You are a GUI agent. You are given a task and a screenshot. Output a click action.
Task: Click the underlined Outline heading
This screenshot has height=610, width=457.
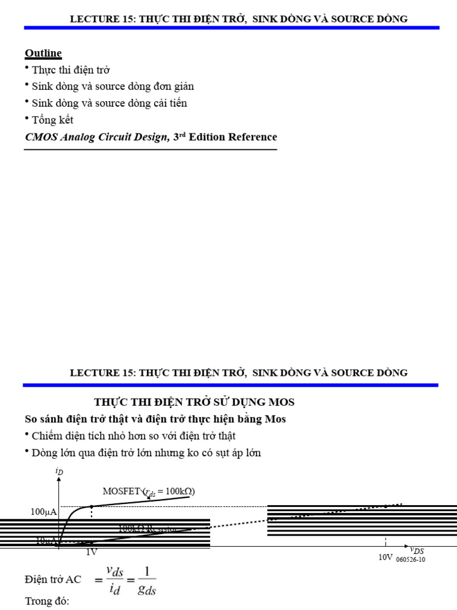tap(43, 53)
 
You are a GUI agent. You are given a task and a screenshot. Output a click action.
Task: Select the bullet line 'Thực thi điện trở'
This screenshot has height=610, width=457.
tap(70, 70)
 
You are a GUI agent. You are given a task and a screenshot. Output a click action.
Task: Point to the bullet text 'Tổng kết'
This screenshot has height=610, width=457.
tap(52, 120)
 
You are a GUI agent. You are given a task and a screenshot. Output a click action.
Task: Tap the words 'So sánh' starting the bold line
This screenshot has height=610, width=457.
tap(43, 419)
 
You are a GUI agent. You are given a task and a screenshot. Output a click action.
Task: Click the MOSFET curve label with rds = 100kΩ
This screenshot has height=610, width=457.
tap(149, 491)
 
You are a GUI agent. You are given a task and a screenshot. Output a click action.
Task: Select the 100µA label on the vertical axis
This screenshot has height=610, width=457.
tap(43, 512)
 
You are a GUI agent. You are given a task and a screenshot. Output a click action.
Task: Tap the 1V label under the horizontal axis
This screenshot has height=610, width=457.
tap(91, 552)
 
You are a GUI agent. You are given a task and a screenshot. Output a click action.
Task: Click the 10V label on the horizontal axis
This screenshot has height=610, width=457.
tap(386, 557)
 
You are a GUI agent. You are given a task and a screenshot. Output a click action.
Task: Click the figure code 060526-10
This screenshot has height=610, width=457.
tap(411, 559)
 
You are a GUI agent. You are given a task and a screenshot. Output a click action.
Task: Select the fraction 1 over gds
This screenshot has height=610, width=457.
tap(146, 579)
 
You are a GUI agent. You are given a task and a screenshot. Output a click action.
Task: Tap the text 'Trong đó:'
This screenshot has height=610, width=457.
tap(47, 600)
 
